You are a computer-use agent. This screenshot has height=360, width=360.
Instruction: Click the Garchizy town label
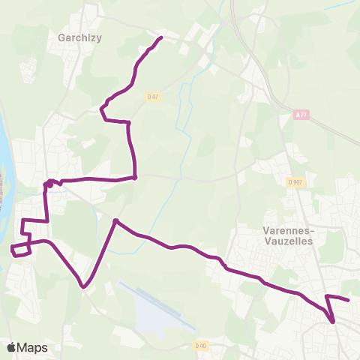[79, 36]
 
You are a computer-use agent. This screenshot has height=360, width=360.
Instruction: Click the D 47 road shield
[153, 96]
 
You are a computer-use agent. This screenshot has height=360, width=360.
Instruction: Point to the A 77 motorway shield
[301, 114]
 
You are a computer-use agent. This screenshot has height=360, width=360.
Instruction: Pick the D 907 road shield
[295, 181]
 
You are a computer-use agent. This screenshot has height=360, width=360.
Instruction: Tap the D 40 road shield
[199, 346]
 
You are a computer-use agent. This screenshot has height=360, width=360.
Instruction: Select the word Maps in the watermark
[32, 347]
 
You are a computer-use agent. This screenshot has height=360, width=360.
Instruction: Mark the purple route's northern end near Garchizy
[161, 37]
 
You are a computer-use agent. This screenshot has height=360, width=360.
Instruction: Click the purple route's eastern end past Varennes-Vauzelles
[349, 300]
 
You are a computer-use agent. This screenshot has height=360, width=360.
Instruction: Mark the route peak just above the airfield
[115, 220]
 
